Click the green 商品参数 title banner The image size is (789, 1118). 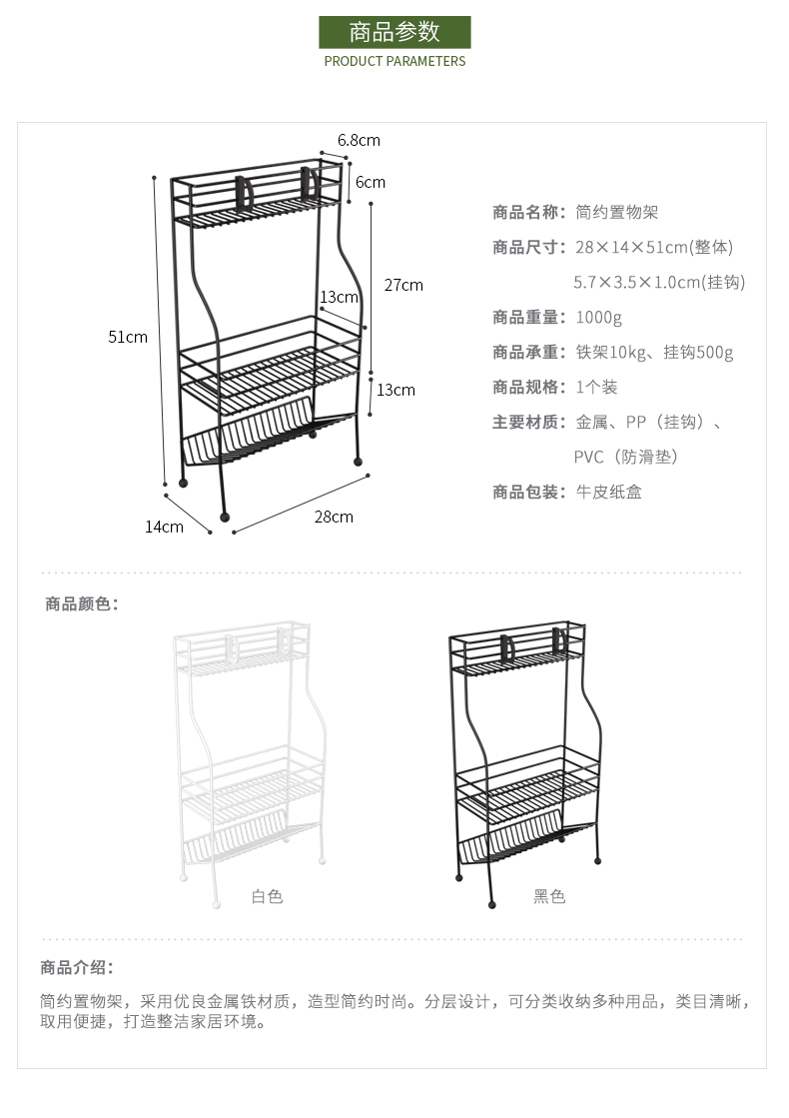point(394,32)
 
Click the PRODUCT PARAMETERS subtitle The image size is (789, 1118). point(394,61)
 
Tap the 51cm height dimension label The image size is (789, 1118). point(128,337)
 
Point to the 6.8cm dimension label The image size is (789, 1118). point(359,140)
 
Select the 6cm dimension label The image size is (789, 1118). point(371,182)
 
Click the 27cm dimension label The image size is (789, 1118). point(403,285)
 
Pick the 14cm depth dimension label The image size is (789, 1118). point(164,527)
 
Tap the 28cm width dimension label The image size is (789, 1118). point(334,517)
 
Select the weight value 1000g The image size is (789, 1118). point(598,317)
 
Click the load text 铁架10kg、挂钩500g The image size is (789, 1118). point(654,352)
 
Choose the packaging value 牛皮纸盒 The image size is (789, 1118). point(608,492)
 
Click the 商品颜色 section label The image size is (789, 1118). point(82,603)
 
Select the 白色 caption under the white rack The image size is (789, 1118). point(267,896)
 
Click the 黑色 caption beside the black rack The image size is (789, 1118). point(549,896)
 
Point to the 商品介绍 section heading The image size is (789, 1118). point(77,967)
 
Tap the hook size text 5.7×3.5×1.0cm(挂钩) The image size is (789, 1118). point(659,282)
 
